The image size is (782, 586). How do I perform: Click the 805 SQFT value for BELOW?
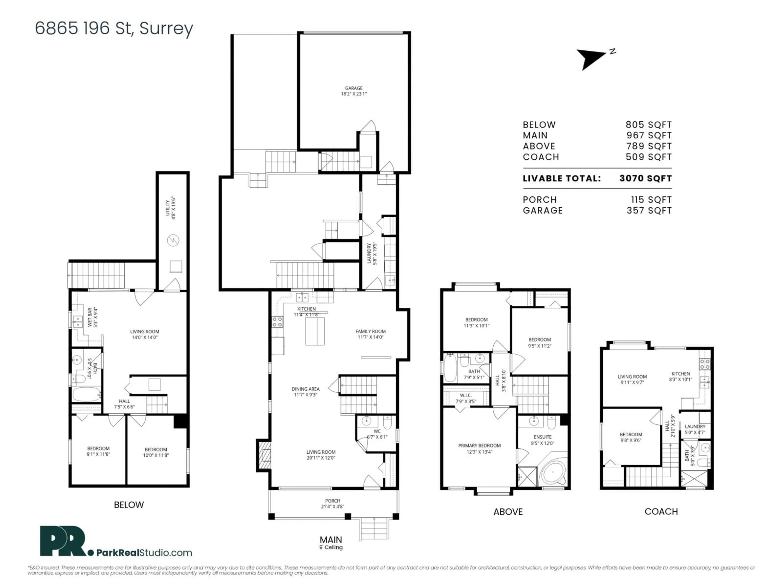point(648,125)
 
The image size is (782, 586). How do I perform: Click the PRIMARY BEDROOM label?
point(479,446)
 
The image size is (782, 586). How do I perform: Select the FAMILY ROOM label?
point(370,331)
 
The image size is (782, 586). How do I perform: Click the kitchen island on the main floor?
point(315,331)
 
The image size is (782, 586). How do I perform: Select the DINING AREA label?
point(305,389)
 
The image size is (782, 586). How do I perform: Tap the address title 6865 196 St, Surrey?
point(114,28)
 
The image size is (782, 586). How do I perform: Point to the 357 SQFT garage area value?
point(649,211)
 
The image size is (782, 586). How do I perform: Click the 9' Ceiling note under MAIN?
point(331,548)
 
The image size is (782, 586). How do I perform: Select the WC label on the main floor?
point(377,431)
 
